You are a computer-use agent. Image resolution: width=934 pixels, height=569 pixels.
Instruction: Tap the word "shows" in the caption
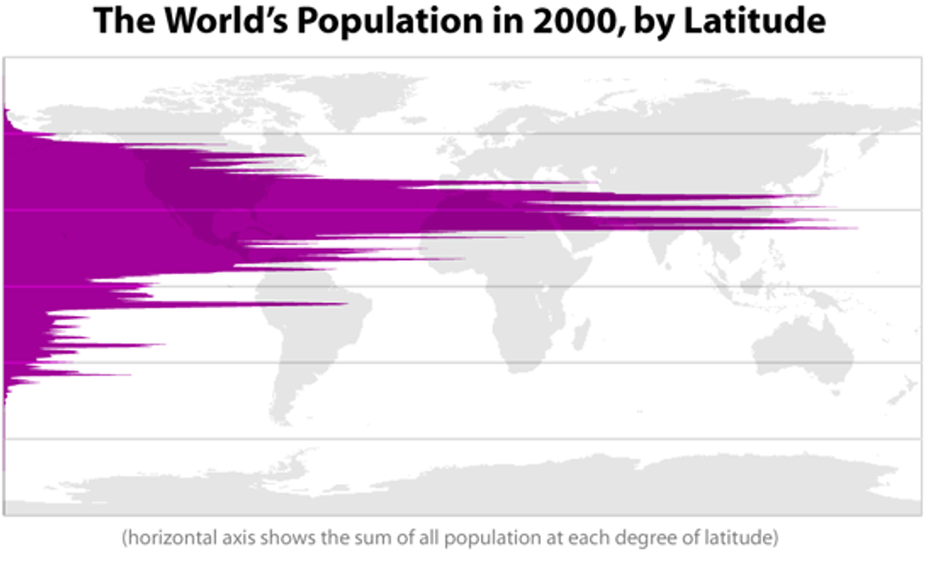[x=285, y=538]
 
